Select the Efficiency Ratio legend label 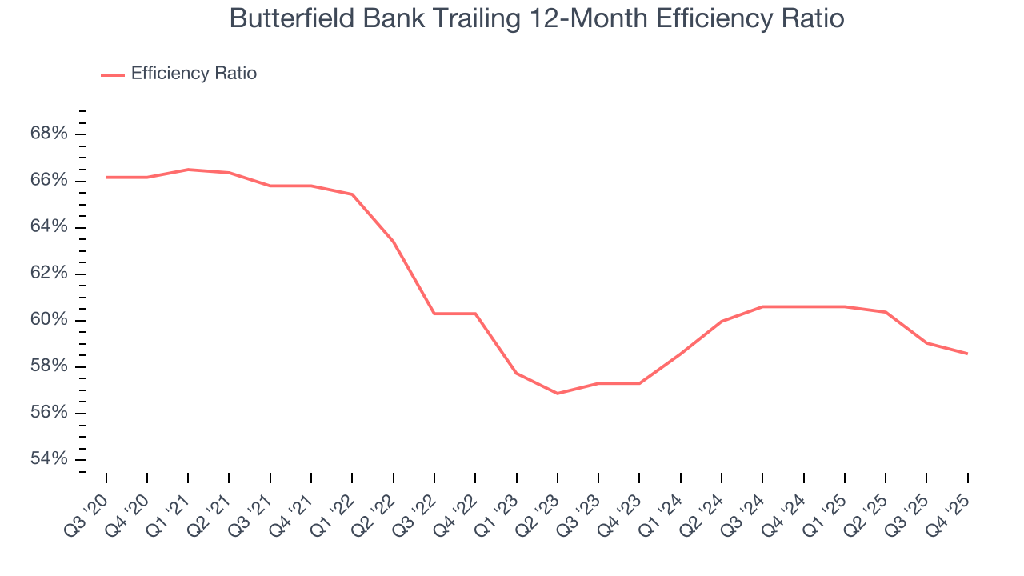point(194,74)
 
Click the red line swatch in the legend point(113,74)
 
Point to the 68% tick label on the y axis point(49,134)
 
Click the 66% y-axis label point(49,180)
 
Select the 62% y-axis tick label point(49,274)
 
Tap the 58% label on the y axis point(49,366)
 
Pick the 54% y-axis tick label point(49,459)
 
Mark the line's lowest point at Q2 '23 point(558,394)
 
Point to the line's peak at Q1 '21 point(188,170)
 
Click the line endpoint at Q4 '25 point(967,354)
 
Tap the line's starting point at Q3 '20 point(106,177)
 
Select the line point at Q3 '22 point(434,314)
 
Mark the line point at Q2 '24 point(722,322)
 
